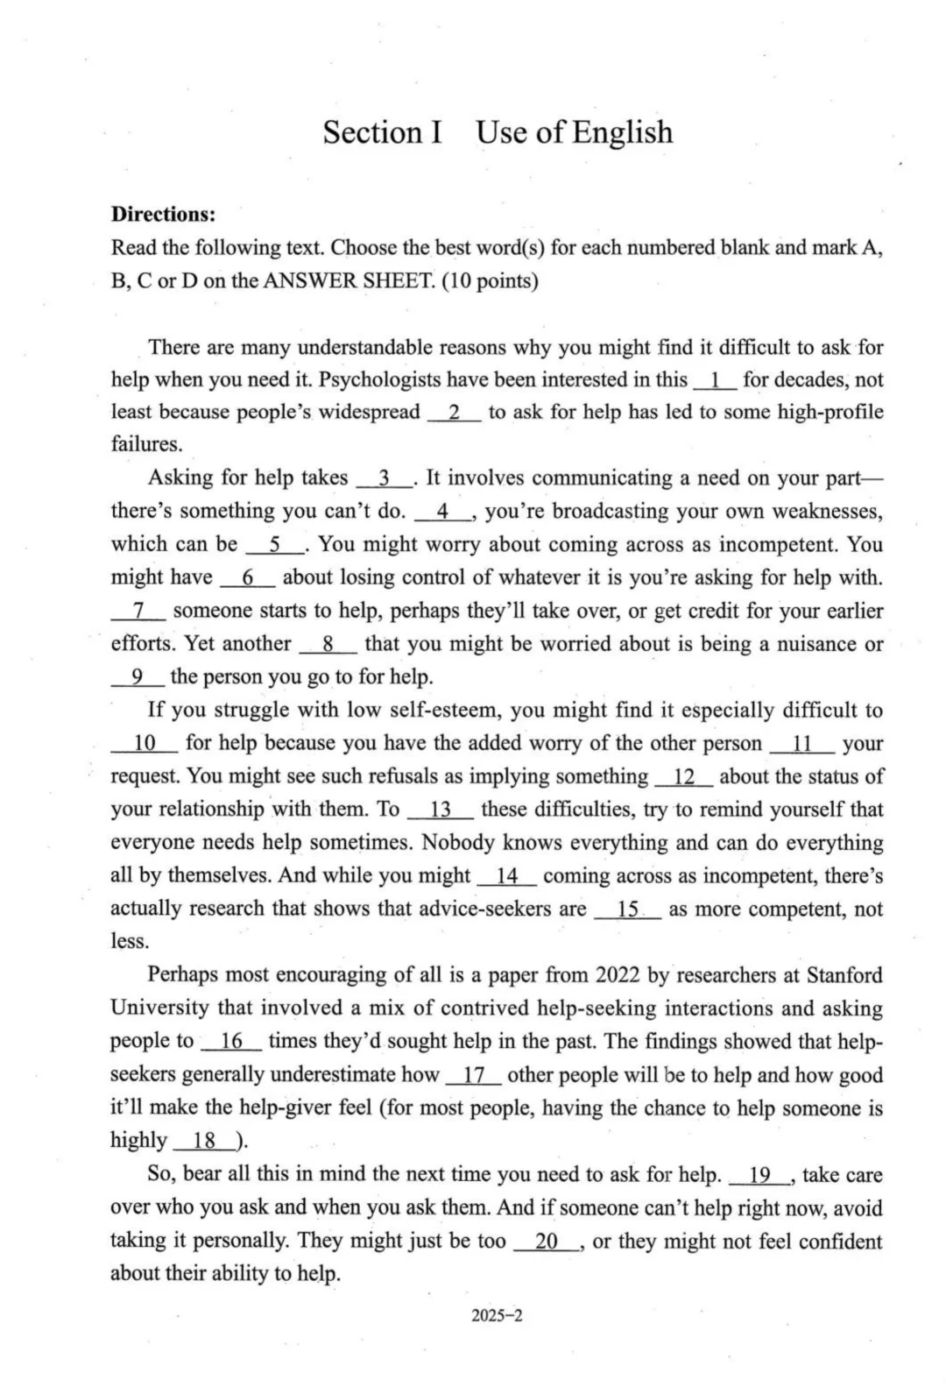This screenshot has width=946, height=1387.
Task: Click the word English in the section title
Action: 623,132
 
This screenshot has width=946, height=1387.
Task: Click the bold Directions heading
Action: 163,214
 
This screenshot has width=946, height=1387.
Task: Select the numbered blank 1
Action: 716,379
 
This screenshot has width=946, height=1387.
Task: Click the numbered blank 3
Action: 384,478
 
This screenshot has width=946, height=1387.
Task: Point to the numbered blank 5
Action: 275,544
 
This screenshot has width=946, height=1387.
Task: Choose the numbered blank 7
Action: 138,611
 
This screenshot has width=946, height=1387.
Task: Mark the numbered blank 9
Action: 138,676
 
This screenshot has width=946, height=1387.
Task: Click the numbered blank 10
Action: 145,743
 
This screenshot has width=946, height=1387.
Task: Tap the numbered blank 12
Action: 684,776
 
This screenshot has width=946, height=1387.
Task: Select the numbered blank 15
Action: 627,909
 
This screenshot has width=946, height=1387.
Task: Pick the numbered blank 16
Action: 231,1041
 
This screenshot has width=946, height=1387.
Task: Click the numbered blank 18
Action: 204,1141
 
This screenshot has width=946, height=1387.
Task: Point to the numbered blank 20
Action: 547,1241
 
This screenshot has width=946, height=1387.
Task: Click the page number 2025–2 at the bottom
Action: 497,1314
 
